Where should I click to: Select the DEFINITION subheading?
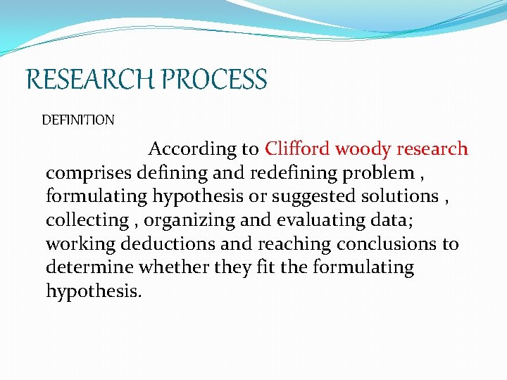(77, 120)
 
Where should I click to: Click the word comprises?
(87, 173)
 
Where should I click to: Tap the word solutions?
(397, 196)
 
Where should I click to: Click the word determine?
(89, 267)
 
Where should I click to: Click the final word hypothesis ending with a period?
(94, 291)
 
